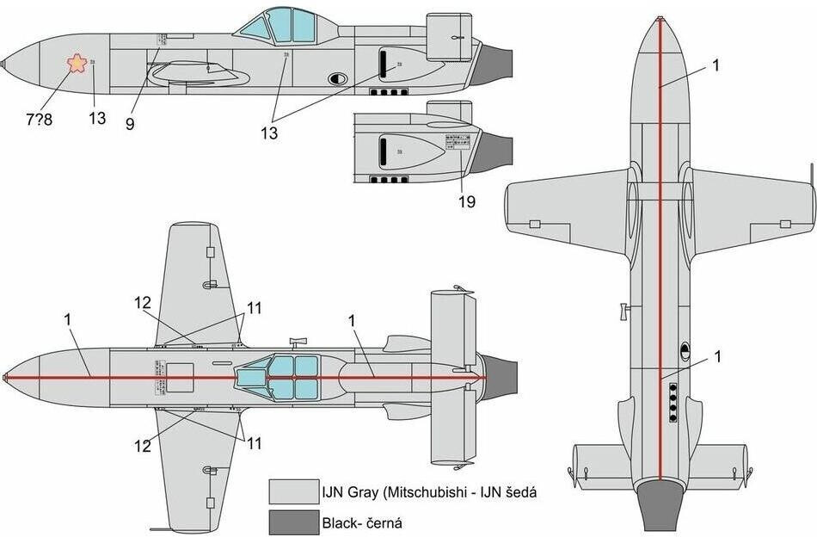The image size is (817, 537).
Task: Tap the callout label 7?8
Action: tap(39, 120)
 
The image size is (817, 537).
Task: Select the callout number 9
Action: tap(130, 123)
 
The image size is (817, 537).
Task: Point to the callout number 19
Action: tap(466, 201)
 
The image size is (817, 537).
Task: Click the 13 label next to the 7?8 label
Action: tap(97, 118)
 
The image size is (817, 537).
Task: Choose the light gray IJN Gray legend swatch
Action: tap(292, 492)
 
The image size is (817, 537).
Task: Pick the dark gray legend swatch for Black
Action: tap(292, 522)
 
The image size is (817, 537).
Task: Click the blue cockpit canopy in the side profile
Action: tap(279, 26)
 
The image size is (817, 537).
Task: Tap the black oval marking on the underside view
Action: tap(685, 349)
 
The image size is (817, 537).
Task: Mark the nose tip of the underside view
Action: tap(660, 19)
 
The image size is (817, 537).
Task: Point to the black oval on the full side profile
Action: tap(339, 78)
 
